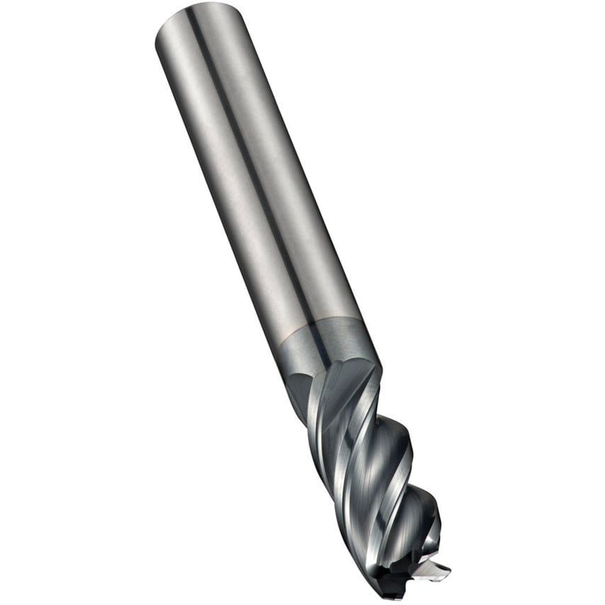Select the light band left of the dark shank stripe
point(227,184)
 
